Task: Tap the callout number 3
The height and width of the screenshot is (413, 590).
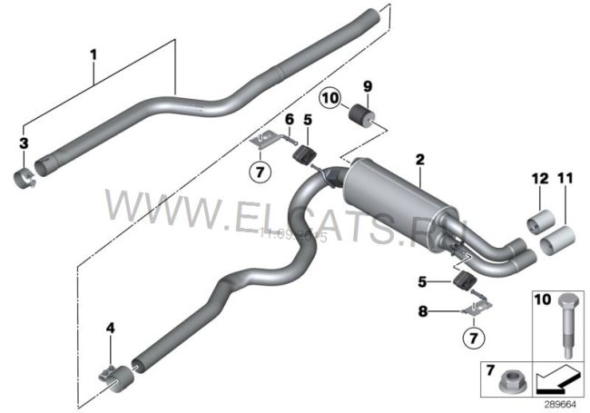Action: coord(25,142)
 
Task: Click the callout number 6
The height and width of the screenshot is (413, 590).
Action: coord(289,119)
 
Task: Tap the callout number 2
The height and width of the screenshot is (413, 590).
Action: coord(418,160)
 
